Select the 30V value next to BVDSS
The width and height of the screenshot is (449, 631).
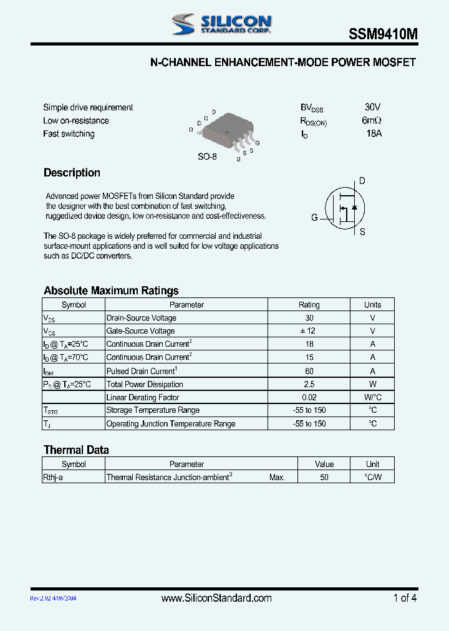pos(373,107)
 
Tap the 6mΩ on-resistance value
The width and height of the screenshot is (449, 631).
pos(372,120)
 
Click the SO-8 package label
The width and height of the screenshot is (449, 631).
pos(207,157)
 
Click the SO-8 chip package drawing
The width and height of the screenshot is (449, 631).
pos(225,133)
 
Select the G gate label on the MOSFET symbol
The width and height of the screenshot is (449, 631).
pos(314,218)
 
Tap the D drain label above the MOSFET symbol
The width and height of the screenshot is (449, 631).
pos(362,181)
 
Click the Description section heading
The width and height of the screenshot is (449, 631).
pos(72,173)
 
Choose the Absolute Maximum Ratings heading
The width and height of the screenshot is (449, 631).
pos(111,291)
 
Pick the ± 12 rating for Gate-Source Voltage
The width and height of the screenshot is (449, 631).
pos(309,331)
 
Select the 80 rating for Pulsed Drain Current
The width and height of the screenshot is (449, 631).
pos(309,371)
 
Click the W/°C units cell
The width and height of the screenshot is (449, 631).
pos(372,397)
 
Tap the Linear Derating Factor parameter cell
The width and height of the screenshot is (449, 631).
pos(143,397)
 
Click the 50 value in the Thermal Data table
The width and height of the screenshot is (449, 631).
pos(324,477)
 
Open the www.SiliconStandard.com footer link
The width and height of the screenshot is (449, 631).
pos(216,598)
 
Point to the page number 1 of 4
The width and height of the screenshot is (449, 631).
pos(405,598)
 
